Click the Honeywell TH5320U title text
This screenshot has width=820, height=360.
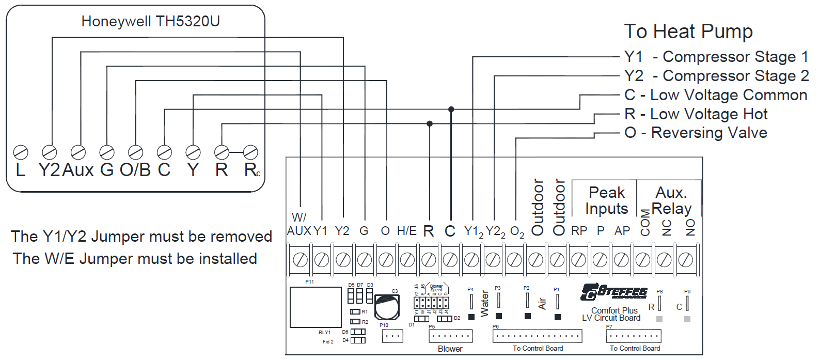[x=150, y=21]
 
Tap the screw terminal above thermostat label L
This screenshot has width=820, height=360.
[x=21, y=152]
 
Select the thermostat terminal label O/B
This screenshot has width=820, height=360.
[x=135, y=169]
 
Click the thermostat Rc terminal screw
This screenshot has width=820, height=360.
[x=250, y=152]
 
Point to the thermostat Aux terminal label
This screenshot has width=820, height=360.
[x=78, y=169]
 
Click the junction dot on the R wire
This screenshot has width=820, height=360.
[x=430, y=123]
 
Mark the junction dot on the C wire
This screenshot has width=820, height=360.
[x=451, y=109]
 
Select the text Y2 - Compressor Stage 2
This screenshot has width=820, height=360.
[x=716, y=76]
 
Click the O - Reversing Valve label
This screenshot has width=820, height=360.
[x=696, y=133]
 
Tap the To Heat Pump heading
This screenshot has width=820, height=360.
[x=688, y=32]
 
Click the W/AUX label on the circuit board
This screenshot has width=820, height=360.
[x=299, y=225]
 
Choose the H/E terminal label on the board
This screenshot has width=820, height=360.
[x=406, y=231]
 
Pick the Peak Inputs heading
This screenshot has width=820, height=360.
[x=607, y=200]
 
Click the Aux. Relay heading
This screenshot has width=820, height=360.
[x=671, y=200]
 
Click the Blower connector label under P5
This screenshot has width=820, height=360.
[x=450, y=349]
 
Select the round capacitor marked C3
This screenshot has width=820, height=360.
[x=387, y=307]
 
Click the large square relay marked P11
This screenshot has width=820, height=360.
[x=316, y=307]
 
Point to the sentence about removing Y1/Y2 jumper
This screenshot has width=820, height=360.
[x=141, y=237]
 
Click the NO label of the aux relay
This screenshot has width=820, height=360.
[x=690, y=227]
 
